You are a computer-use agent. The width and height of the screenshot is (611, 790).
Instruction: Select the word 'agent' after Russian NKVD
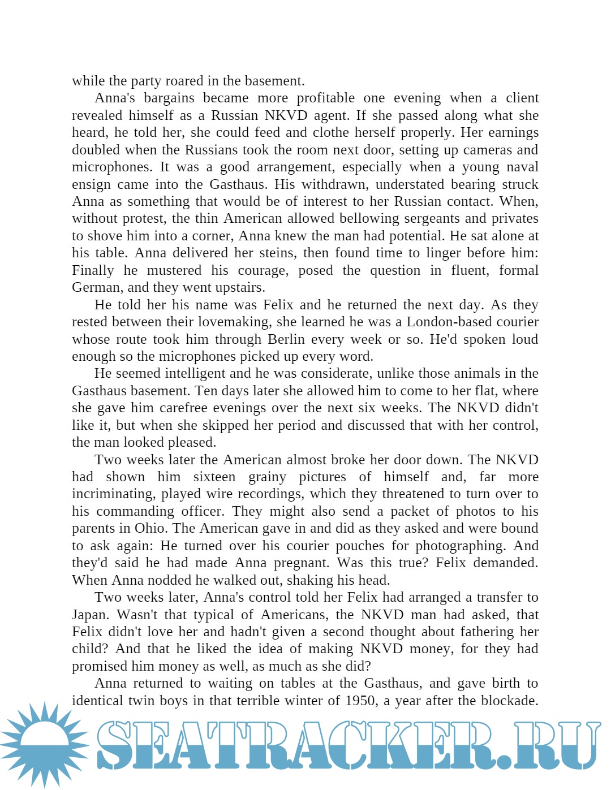330,115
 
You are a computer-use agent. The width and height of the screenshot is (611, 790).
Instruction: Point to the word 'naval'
520,167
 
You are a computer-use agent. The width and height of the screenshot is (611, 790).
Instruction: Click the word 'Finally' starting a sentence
93,270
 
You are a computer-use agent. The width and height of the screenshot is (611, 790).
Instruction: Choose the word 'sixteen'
214,477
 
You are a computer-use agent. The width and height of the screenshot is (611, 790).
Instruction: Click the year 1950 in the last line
360,701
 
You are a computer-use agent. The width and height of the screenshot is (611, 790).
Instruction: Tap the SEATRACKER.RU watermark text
348,745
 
